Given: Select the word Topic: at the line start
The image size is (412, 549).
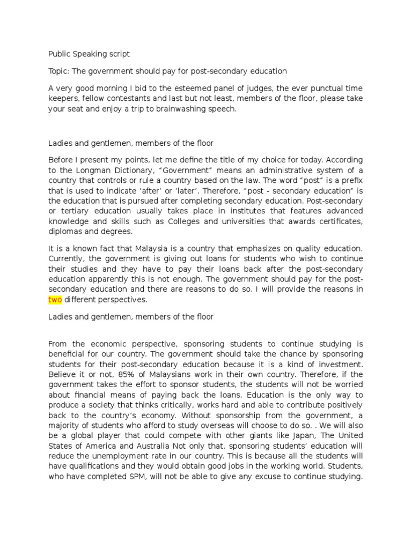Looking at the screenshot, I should coord(58,71).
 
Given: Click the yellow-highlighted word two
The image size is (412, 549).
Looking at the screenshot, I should coord(55,300).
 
